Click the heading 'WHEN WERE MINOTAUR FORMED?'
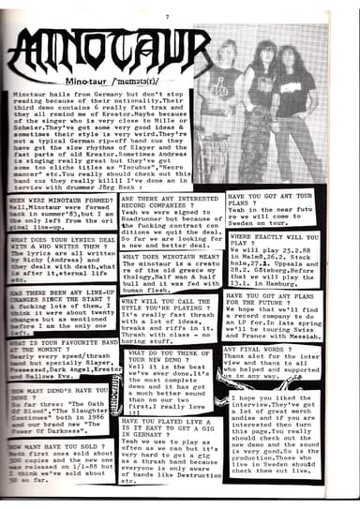click(x=57, y=202)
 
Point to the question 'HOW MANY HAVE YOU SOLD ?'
click(x=52, y=449)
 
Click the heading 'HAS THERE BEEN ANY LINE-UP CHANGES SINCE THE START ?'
click(x=56, y=295)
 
